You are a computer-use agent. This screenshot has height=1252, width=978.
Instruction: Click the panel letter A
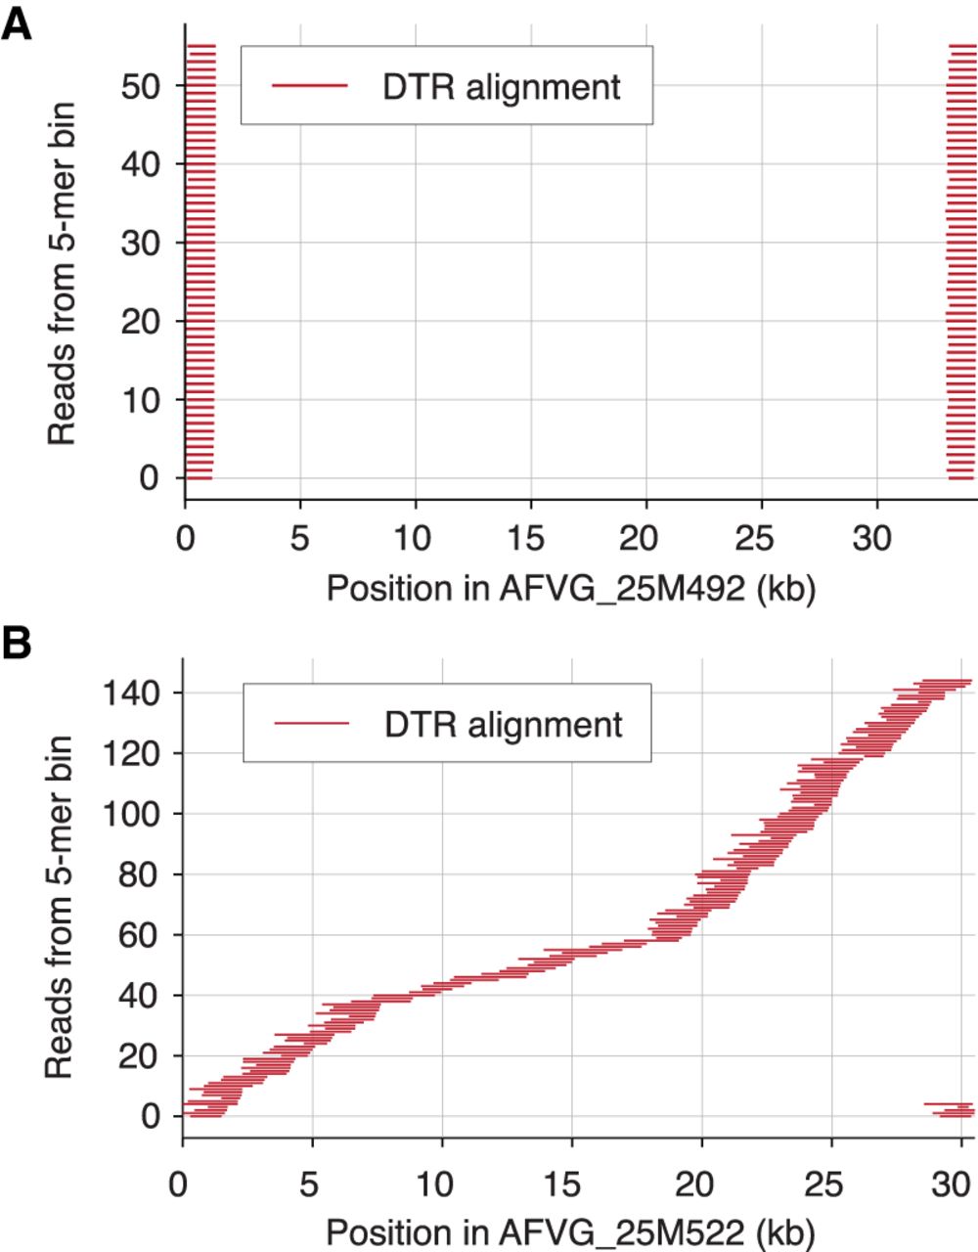17,22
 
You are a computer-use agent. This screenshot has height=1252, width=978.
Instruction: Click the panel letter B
17,645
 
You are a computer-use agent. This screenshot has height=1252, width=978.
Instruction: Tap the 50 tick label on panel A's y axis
140,86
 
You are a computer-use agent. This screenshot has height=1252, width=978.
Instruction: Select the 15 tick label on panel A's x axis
530,539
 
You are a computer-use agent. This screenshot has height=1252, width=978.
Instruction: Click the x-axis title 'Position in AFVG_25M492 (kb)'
570,589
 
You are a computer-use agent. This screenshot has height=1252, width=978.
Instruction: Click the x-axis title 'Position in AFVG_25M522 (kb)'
570,1231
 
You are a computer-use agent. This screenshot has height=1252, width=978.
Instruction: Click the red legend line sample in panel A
310,86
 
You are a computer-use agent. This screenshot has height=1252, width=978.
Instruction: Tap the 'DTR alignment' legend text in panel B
503,725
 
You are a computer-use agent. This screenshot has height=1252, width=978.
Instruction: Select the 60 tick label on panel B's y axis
140,935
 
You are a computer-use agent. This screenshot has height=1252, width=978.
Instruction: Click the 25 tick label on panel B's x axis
830,1181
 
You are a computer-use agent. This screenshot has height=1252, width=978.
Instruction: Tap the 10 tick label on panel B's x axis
442,1181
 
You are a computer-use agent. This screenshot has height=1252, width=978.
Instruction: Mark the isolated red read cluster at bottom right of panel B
950,1109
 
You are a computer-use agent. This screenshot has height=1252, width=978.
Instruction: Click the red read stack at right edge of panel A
961,262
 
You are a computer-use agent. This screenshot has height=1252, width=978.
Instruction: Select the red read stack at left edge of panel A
200,262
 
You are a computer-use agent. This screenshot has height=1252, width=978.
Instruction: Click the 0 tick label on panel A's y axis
149,478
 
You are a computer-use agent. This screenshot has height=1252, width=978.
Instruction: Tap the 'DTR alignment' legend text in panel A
501,86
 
